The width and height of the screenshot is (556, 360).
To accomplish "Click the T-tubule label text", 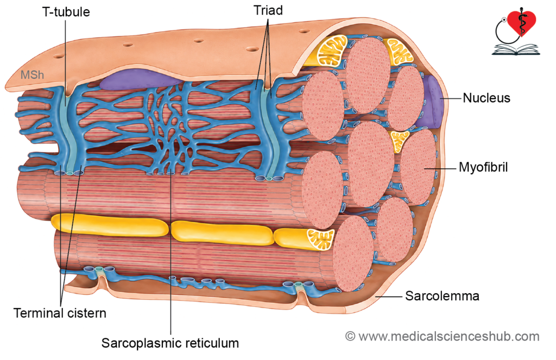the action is tap(66, 12).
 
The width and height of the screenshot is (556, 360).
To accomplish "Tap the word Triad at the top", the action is tap(268, 10).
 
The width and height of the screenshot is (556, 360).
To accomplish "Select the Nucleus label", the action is tap(486, 98).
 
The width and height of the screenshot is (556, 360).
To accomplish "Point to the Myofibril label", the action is tap(483, 167).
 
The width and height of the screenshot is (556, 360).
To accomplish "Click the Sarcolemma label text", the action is tap(442, 296).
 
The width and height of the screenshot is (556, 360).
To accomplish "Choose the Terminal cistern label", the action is tap(60, 313).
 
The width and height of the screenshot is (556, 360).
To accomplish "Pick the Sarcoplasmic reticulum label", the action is tap(170, 343).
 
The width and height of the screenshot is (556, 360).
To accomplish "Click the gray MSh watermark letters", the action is tap(32, 75).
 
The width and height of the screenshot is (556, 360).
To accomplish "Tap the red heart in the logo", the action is tap(521, 23).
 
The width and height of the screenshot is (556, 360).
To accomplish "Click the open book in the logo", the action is tap(516, 49).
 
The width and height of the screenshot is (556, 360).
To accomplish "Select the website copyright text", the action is tap(443, 336).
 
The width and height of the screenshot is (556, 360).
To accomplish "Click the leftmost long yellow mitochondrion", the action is tap(110, 225).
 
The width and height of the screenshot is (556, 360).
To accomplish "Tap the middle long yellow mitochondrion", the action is tap(222, 232).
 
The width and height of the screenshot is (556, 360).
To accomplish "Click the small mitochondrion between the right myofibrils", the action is tap(399, 141).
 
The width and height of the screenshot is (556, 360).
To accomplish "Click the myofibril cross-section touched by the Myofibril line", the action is tap(419, 167).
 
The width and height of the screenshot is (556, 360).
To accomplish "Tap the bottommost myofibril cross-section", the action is tap(354, 253).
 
